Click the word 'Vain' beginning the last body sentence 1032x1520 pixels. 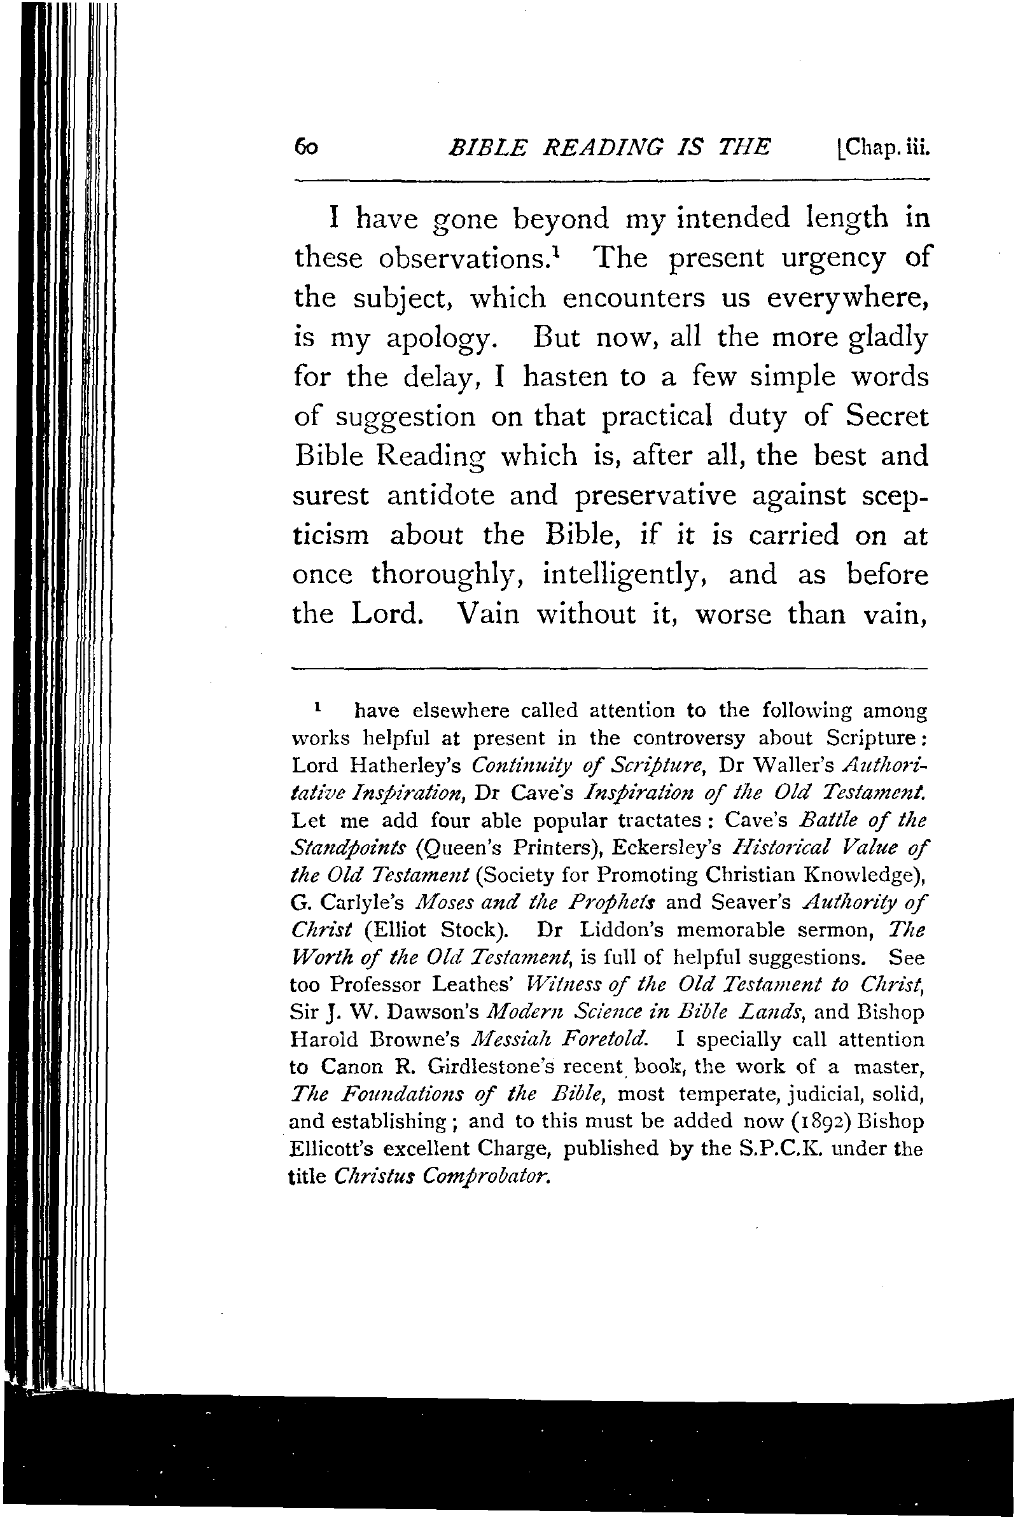tap(488, 614)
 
